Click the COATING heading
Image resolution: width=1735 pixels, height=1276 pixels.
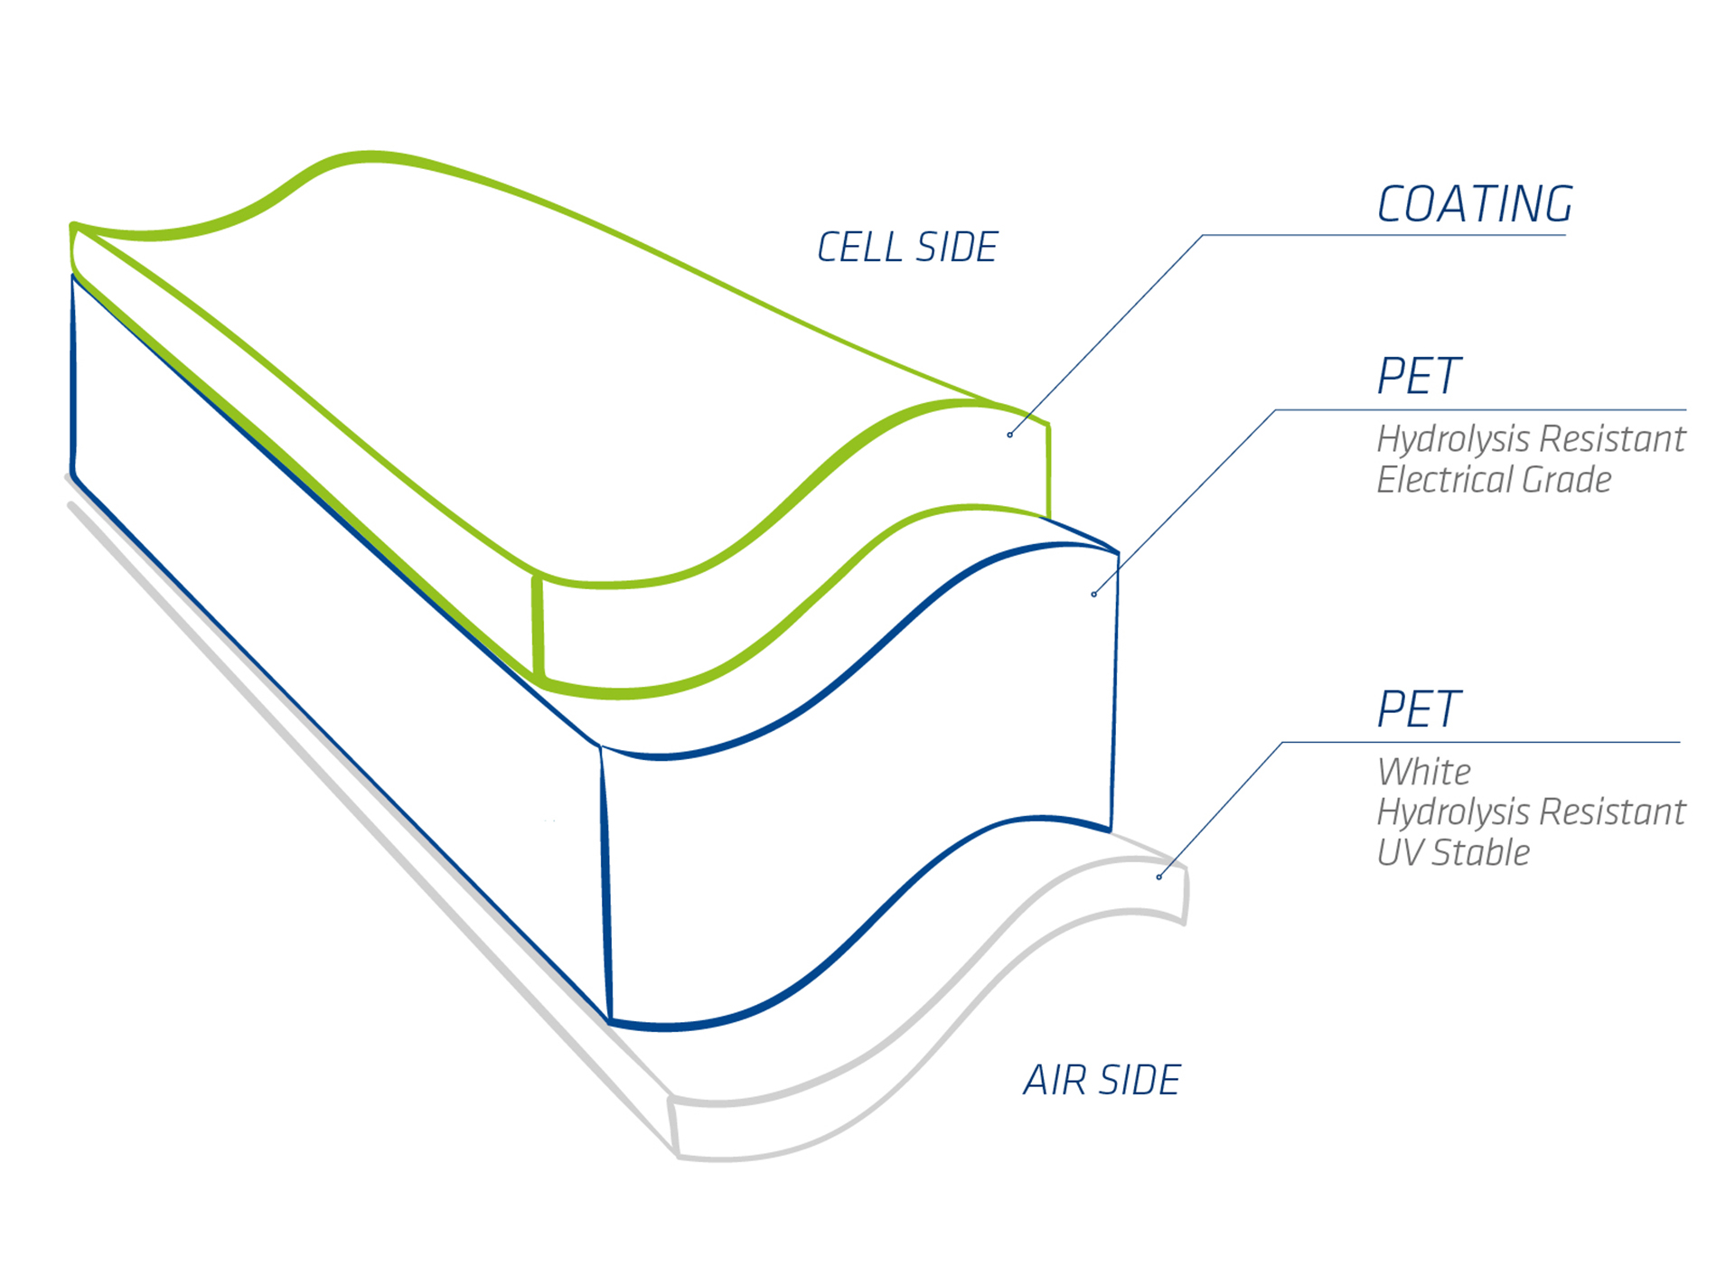[x=1475, y=204]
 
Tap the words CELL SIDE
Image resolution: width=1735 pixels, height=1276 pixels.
[x=907, y=248]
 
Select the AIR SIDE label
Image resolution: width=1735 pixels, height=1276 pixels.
[x=1102, y=1080]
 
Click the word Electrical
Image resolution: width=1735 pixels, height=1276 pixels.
[x=1445, y=479]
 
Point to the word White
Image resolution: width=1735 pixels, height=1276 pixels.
[x=1423, y=772]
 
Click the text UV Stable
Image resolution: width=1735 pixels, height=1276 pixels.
[x=1453, y=852]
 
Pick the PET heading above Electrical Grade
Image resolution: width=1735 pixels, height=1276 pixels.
[x=1419, y=376]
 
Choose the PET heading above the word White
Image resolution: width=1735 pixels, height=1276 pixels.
[x=1419, y=708]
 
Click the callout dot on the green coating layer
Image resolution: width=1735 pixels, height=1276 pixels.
[x=1009, y=435]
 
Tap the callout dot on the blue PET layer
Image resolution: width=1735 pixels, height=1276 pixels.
[x=1093, y=594]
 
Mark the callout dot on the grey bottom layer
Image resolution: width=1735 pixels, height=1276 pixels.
[x=1158, y=877]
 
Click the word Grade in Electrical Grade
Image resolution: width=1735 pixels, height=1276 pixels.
[x=1566, y=479]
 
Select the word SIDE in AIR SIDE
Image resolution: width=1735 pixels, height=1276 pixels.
[x=1140, y=1080]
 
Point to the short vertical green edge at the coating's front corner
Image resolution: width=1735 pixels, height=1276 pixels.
[x=538, y=626]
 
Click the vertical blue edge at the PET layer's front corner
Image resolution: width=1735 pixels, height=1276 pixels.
[x=605, y=884]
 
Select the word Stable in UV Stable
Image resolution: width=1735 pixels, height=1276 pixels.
[x=1481, y=852]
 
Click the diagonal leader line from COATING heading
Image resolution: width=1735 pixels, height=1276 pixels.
[x=1106, y=334]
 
